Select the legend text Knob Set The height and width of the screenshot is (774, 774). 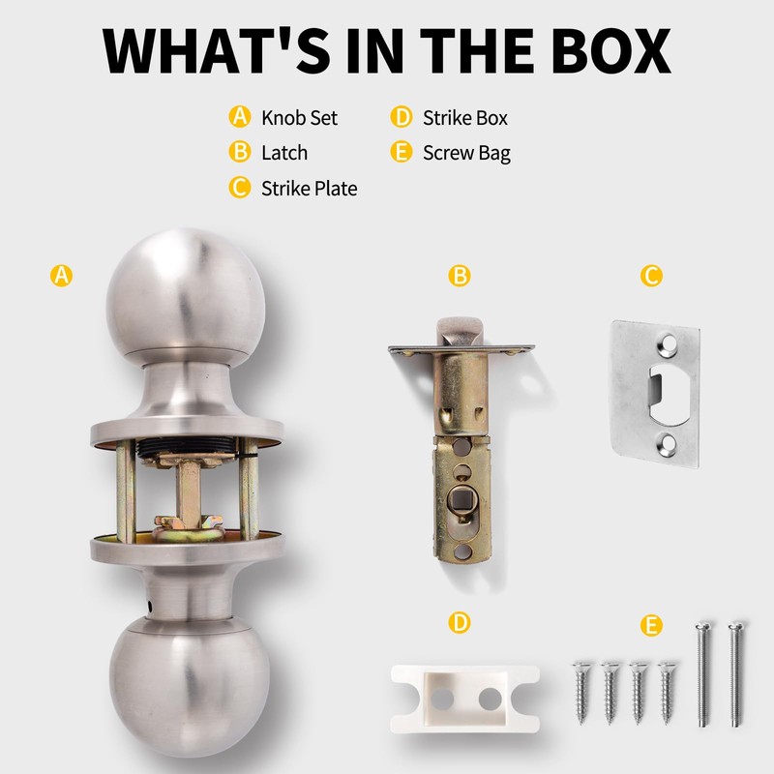tap(299, 118)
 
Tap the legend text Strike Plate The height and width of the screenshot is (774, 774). tap(309, 188)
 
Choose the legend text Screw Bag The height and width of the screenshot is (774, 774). tap(466, 153)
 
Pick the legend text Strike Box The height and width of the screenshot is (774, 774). tap(464, 118)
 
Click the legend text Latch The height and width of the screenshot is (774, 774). tap(283, 153)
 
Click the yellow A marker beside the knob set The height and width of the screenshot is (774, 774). tap(61, 276)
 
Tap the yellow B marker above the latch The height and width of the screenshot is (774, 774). tap(460, 276)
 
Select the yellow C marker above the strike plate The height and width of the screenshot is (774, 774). tap(651, 276)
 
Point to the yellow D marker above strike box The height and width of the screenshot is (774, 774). tap(460, 623)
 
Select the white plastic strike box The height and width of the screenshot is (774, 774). tap(459, 697)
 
